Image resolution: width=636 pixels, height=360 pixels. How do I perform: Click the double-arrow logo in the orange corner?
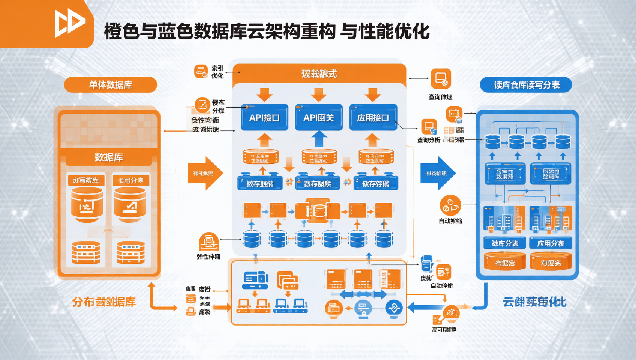coord(70,23)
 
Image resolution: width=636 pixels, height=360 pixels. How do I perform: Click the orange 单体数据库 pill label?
coord(110,85)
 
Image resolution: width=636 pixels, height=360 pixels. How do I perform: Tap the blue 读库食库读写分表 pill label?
coord(526,85)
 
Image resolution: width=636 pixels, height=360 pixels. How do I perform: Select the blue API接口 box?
coord(264,117)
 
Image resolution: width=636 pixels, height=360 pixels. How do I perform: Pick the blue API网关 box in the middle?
coord(318,117)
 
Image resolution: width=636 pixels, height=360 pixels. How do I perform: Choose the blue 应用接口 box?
coord(373,117)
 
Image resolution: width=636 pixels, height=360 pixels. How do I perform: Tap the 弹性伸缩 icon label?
coord(208,256)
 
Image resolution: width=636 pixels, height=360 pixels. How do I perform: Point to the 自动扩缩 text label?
coord(450,221)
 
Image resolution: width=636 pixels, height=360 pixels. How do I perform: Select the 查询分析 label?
coord(429,140)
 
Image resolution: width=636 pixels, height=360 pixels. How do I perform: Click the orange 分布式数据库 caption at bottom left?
coord(104,302)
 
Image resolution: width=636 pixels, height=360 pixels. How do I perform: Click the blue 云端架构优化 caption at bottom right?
coord(534,302)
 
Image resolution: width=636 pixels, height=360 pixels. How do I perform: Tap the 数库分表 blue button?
coord(505,243)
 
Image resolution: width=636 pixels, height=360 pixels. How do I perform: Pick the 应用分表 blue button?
coord(550,243)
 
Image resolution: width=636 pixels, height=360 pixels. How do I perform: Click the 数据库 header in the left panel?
coord(109,157)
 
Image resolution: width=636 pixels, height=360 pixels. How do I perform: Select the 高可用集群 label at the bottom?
coord(444,330)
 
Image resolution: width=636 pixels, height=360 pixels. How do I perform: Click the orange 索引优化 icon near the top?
coord(201,71)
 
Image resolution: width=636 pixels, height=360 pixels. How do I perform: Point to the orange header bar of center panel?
coord(319,73)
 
